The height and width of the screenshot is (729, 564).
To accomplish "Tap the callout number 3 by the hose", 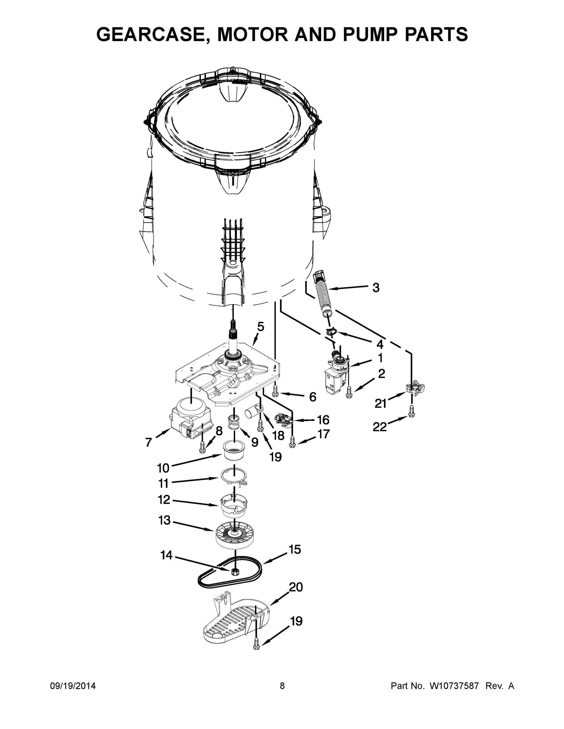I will pos(376,287).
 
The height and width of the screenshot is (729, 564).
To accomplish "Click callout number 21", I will pos(380,404).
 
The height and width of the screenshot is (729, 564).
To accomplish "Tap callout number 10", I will pos(163,468).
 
